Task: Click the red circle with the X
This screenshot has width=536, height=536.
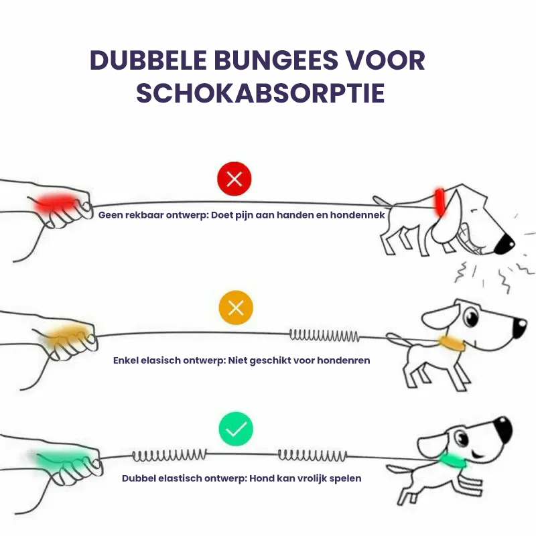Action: [x=234, y=179]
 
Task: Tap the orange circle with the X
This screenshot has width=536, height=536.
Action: [x=236, y=308]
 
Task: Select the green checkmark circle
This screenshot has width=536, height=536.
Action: [x=236, y=429]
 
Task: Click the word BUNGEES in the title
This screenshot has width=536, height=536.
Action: [x=276, y=60]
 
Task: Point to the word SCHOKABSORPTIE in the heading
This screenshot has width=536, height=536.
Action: [x=261, y=93]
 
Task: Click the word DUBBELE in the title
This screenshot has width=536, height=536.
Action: [x=148, y=60]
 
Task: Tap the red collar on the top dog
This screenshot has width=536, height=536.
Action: [x=440, y=202]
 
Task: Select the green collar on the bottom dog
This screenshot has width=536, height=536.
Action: [x=452, y=461]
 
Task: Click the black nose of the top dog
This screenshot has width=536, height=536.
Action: [x=505, y=243]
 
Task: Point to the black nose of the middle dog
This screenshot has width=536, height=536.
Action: [x=520, y=328]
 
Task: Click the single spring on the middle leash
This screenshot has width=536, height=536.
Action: [x=324, y=336]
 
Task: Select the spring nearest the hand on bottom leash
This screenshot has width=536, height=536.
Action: [x=170, y=455]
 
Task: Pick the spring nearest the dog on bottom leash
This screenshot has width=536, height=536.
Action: [x=312, y=456]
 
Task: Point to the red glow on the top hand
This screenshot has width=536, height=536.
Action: [x=56, y=203]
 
